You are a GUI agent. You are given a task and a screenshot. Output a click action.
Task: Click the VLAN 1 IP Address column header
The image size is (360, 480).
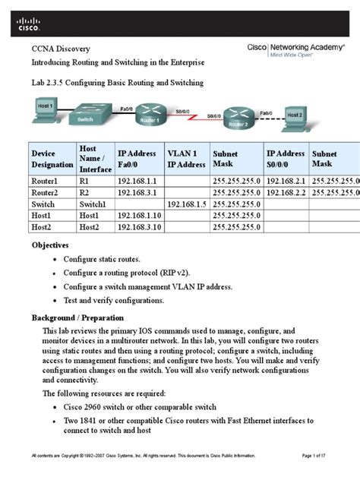(186, 158)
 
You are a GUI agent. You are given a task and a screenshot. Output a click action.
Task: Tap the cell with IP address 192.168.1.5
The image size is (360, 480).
(186, 204)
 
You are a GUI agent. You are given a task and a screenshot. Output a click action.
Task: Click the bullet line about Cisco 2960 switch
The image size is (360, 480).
(166, 406)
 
